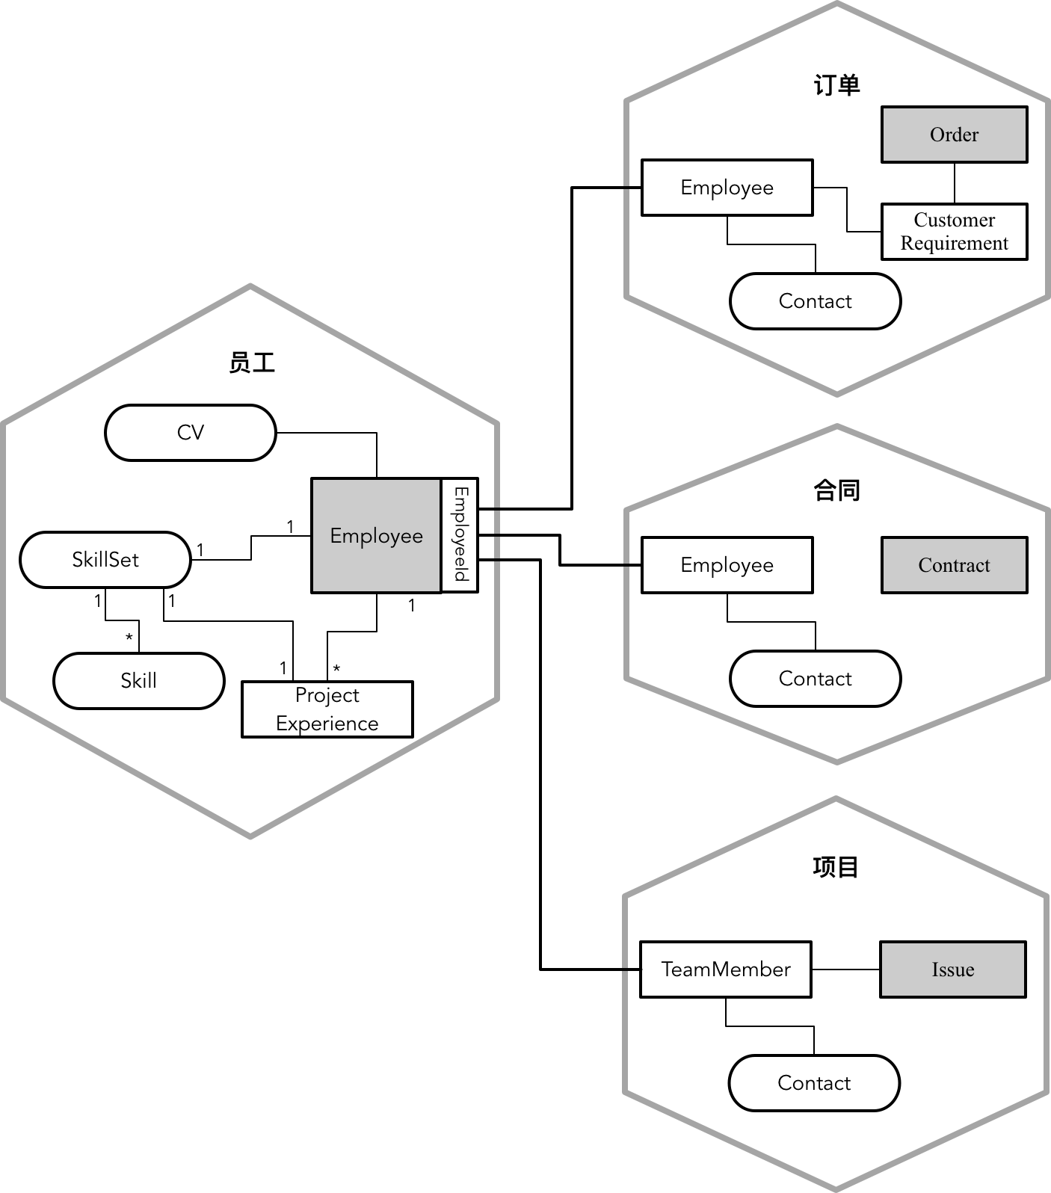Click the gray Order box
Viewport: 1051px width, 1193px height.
954,135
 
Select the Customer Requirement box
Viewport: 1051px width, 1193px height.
954,232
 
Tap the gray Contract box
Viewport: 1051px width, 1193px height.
954,565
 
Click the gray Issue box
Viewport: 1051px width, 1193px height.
952,969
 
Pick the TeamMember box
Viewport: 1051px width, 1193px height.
726,969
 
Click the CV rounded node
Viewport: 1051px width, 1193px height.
191,433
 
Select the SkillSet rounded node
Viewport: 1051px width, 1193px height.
105,560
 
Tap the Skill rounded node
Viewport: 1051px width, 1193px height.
139,681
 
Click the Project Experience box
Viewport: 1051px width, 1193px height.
327,709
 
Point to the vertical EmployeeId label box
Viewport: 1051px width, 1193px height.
460,535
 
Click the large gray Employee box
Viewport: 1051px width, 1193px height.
376,536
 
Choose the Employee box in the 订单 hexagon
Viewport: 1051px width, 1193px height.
727,188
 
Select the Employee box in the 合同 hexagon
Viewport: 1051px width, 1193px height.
727,565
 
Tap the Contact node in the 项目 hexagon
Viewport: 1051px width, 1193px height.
814,1083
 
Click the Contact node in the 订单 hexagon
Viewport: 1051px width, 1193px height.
815,301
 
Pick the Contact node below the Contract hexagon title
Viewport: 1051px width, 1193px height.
815,679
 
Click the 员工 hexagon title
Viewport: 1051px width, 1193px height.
252,363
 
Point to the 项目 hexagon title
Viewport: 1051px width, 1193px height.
836,867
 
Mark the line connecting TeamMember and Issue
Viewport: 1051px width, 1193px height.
845,969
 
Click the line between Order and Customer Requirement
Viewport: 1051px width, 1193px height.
954,183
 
